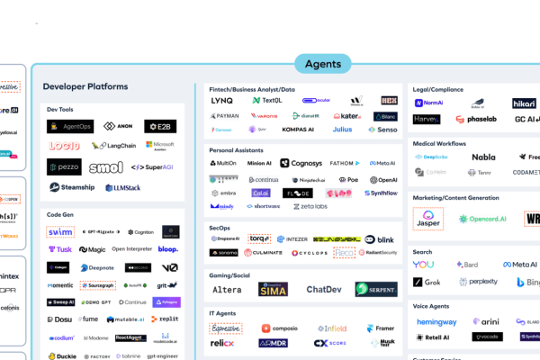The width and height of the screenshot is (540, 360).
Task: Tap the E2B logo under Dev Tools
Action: [161, 126]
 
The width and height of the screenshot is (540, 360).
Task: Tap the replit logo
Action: [164, 319]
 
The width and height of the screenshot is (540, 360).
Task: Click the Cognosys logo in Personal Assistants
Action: [301, 163]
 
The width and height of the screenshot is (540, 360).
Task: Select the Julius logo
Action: [342, 130]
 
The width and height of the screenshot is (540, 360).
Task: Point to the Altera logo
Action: [226, 290]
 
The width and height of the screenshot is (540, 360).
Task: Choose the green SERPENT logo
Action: [374, 289]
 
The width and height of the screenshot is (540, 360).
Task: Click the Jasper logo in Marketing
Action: [428, 219]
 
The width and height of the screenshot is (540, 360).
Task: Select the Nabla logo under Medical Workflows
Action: [483, 157]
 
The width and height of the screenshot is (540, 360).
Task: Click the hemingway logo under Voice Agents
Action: [436, 321]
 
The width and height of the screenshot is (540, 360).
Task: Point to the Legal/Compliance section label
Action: [443, 89]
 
